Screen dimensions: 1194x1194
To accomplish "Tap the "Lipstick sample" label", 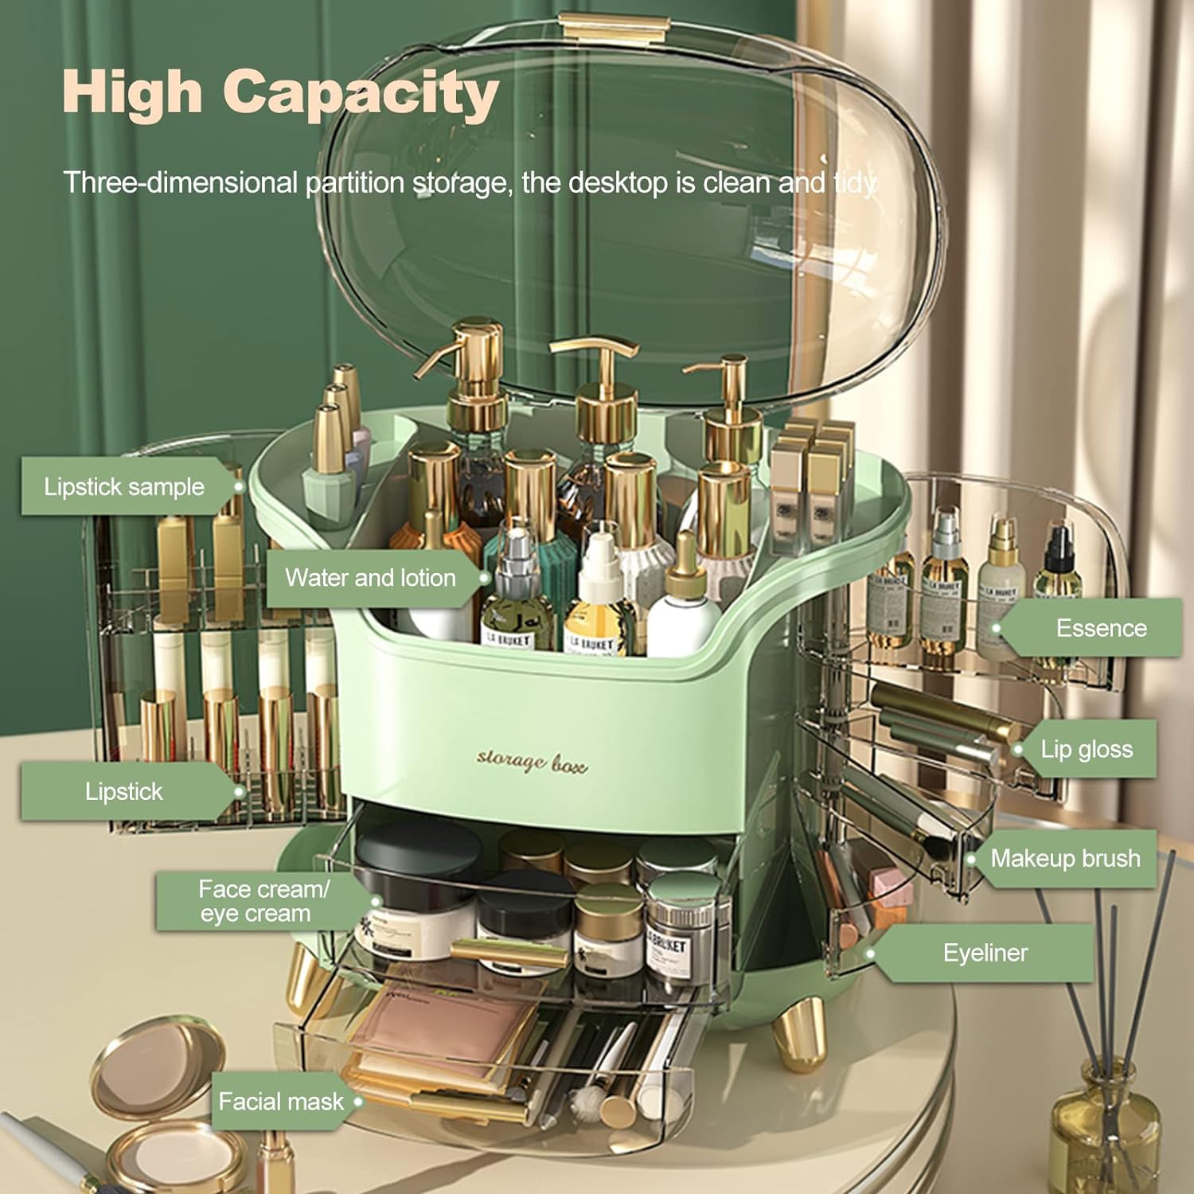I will (x=124, y=486).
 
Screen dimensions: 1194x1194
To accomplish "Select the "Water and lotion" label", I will (x=370, y=577).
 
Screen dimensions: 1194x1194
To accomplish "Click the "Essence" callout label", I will (x=1101, y=628).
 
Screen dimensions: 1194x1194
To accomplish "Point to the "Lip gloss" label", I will (x=1087, y=749).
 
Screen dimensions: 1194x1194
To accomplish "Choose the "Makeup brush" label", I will (x=1064, y=858).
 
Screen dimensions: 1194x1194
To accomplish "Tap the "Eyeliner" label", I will (x=985, y=953).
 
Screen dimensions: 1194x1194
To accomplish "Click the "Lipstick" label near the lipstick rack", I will (x=123, y=791).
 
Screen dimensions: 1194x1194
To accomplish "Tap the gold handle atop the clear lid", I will (x=611, y=27).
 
